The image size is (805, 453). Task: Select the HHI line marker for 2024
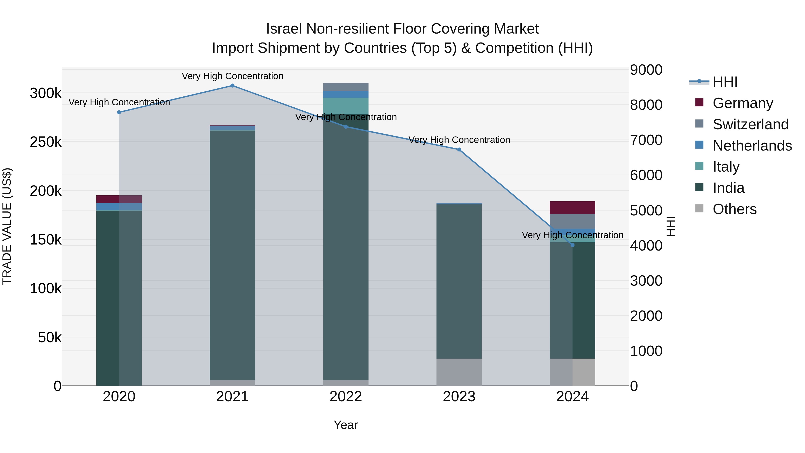click(x=572, y=245)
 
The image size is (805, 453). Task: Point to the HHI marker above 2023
click(x=459, y=150)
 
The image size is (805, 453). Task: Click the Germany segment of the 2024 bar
click(x=572, y=208)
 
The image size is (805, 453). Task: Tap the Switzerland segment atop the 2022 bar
click(x=346, y=87)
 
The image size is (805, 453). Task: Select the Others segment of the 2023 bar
click(x=459, y=372)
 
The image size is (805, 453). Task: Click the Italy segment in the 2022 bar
click(x=346, y=106)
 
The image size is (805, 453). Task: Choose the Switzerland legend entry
click(x=750, y=124)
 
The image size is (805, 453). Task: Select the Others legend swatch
click(x=699, y=208)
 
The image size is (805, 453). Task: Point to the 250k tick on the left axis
click(x=46, y=142)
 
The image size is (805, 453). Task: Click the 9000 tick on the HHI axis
click(x=646, y=70)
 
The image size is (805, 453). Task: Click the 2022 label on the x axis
click(x=346, y=397)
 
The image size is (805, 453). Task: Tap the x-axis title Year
click(x=346, y=425)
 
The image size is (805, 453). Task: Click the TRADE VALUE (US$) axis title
click(x=7, y=226)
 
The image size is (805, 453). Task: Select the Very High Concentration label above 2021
click(x=233, y=76)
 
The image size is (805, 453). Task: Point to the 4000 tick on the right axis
click(x=646, y=245)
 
